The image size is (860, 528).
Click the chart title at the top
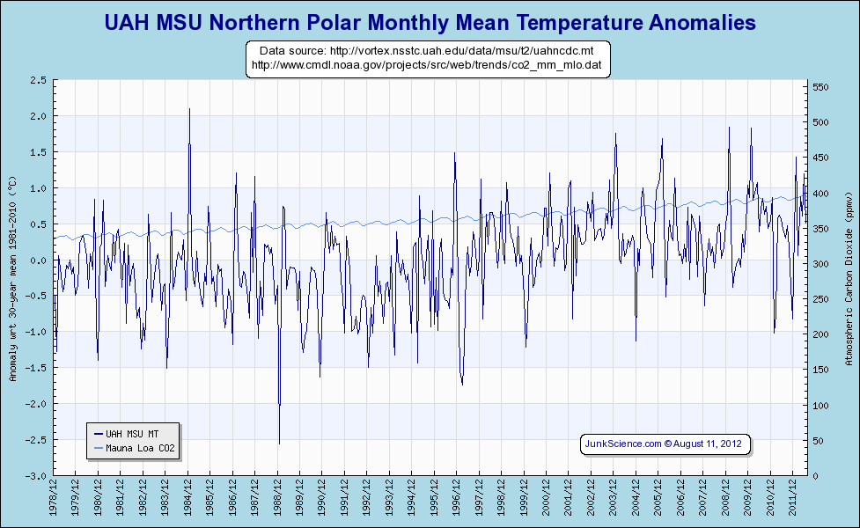coord(430,23)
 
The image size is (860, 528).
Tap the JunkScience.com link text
coord(623,444)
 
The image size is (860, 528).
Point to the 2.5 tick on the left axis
coord(39,80)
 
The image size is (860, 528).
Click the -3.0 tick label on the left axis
coord(37,476)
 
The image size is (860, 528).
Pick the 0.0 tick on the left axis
coord(39,260)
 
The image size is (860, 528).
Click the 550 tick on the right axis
coord(820,87)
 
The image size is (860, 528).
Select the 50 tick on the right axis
coord(818,441)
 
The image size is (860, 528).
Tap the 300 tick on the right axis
coord(820,264)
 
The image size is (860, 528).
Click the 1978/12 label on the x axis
coord(55,500)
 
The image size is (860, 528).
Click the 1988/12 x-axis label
coord(278,500)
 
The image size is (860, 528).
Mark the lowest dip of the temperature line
coord(279,443)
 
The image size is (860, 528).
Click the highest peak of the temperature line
coord(189,109)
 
